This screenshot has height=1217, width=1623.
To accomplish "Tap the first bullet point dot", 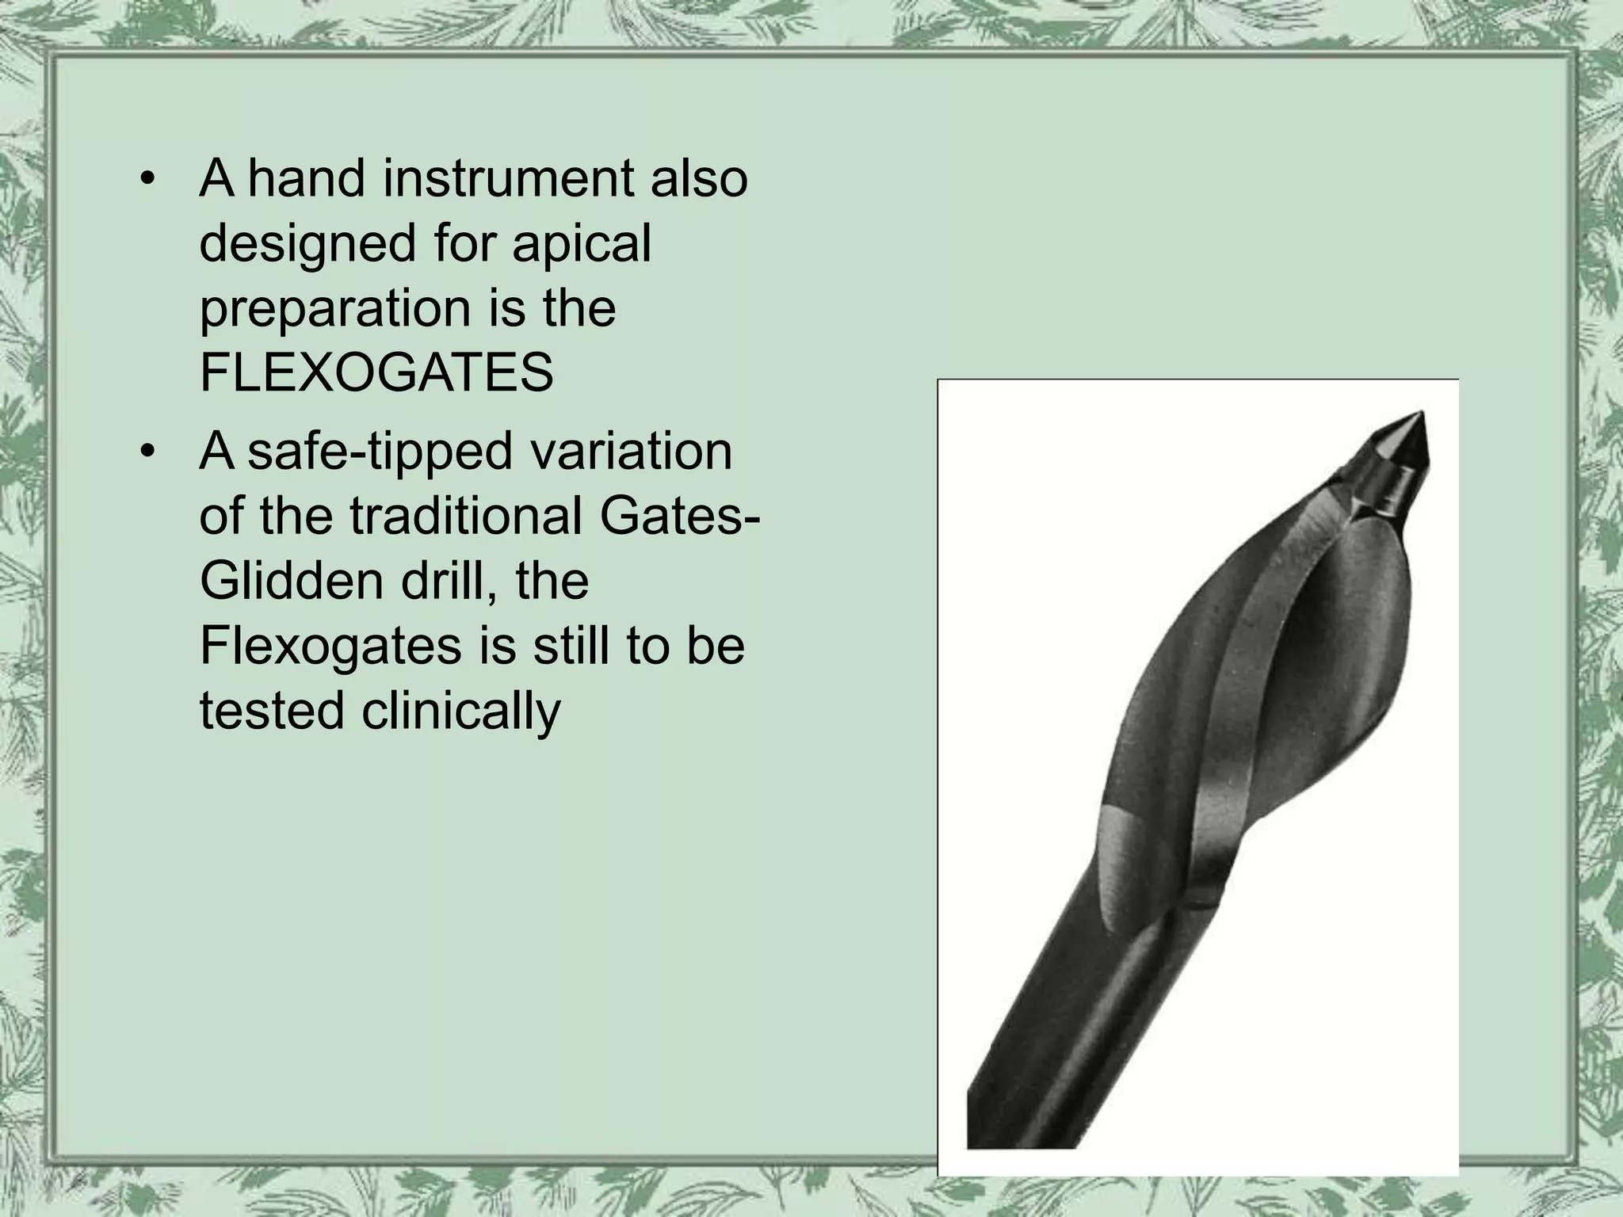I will (x=146, y=180).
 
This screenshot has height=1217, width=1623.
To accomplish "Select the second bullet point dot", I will (x=146, y=452).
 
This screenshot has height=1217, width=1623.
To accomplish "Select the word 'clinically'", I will (x=461, y=711).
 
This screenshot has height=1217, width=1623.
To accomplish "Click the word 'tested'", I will (x=272, y=711).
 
